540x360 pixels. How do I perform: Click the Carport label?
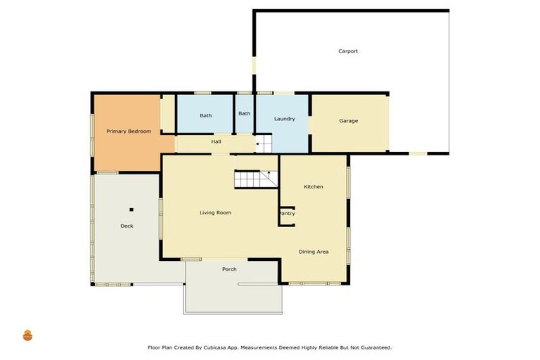pyautogui.click(x=348, y=51)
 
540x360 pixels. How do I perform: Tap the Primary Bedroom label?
pyautogui.click(x=129, y=131)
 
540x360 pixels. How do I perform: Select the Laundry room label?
pyautogui.click(x=284, y=119)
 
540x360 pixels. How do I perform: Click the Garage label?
pyautogui.click(x=349, y=121)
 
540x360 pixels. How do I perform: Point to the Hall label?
pyautogui.click(x=217, y=142)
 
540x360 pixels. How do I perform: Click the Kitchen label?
pyautogui.click(x=313, y=186)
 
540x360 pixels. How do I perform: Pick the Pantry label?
pyautogui.click(x=287, y=213)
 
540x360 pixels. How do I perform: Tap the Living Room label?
pyautogui.click(x=215, y=212)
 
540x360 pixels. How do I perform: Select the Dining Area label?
pyautogui.click(x=314, y=252)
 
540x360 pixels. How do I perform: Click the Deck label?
pyautogui.click(x=127, y=226)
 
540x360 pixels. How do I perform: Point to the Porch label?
pyautogui.click(x=229, y=269)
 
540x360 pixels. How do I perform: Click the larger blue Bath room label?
pyautogui.click(x=205, y=115)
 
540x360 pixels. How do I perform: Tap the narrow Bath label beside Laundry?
pyautogui.click(x=244, y=114)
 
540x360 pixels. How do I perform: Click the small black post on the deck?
pyautogui.click(x=131, y=209)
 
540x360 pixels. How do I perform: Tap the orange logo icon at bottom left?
pyautogui.click(x=27, y=335)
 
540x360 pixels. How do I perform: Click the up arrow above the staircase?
pyautogui.click(x=267, y=173)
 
